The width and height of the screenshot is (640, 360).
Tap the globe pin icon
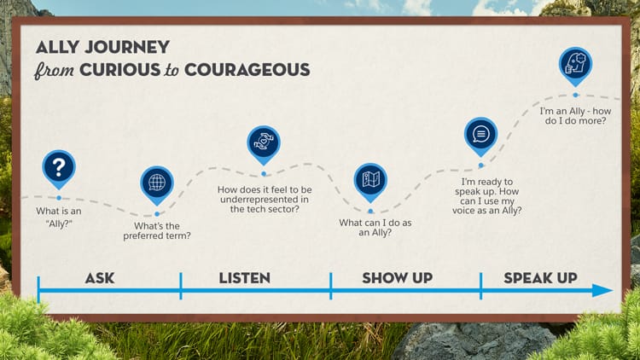[x=156, y=183]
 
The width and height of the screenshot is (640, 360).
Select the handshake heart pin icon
[x=264, y=142]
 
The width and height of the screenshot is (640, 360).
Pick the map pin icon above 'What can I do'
[x=370, y=179]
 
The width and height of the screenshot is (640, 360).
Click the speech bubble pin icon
[x=480, y=134]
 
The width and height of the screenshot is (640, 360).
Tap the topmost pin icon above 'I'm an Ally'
[x=575, y=63]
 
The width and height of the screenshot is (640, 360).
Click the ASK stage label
[x=100, y=277]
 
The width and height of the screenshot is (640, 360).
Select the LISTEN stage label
[x=244, y=277]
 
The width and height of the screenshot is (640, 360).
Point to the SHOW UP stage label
[x=397, y=277]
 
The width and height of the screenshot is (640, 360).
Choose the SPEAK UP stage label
[x=540, y=277]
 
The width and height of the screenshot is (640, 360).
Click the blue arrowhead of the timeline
[x=602, y=291]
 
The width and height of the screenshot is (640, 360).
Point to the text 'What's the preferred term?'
[x=162, y=231]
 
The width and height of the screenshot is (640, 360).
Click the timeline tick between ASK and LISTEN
[x=180, y=286]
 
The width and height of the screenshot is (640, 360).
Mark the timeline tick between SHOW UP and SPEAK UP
[x=480, y=286]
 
